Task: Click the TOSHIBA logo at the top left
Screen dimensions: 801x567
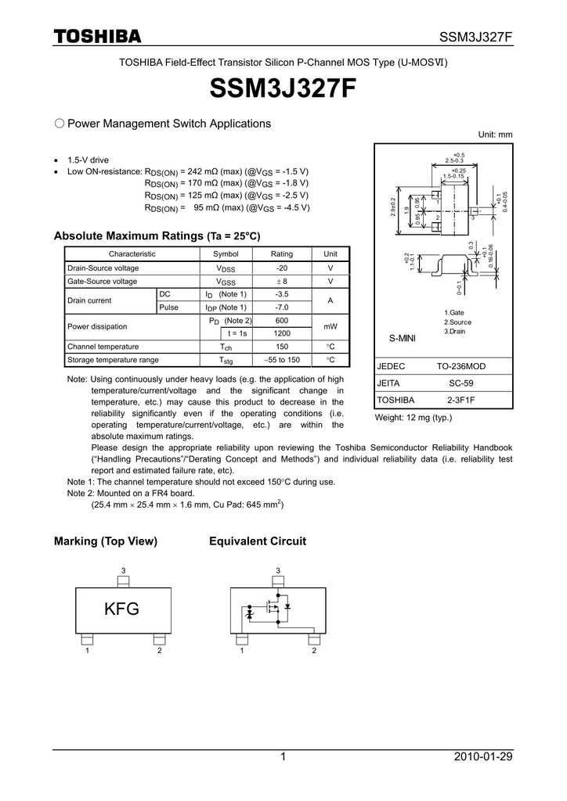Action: point(97,37)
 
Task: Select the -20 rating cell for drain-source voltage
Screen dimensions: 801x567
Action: point(281,268)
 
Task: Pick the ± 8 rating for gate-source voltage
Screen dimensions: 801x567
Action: point(281,281)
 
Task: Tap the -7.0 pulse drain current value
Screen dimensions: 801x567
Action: point(281,307)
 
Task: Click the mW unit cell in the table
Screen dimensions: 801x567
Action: point(330,327)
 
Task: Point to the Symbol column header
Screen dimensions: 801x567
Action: point(226,254)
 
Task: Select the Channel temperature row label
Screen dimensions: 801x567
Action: point(103,347)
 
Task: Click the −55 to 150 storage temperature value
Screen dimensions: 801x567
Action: point(281,360)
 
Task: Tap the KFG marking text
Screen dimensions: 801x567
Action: point(122,609)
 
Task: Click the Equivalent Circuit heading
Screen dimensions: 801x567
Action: point(258,541)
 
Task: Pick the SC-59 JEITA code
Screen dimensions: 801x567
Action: point(460,383)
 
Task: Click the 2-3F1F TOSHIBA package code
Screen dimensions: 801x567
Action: point(460,400)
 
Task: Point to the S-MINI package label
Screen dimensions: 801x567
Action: point(402,338)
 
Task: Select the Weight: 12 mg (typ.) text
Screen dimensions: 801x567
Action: point(414,417)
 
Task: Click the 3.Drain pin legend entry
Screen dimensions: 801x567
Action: point(455,331)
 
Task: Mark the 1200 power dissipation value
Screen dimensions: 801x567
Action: point(281,333)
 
